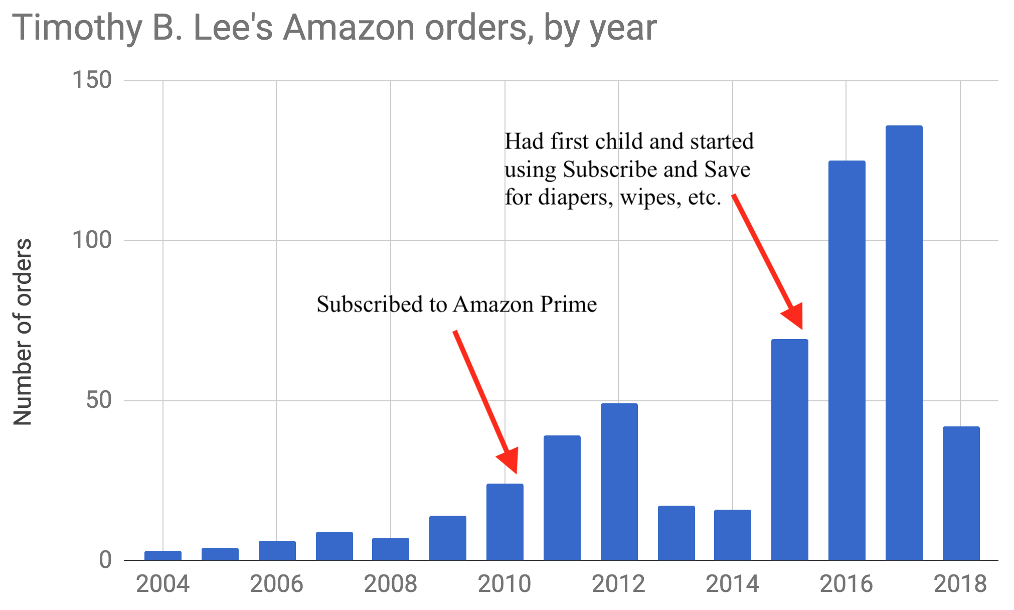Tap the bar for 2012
click(x=619, y=482)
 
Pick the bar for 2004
click(x=163, y=555)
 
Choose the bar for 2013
click(x=676, y=533)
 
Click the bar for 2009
click(x=448, y=538)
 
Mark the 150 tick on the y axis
click(x=92, y=80)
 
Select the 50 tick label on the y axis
click(x=98, y=400)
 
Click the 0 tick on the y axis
click(x=105, y=560)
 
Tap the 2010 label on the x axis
click(x=504, y=584)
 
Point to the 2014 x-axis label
click(x=732, y=584)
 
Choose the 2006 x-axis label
click(x=276, y=584)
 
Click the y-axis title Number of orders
click(x=23, y=332)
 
